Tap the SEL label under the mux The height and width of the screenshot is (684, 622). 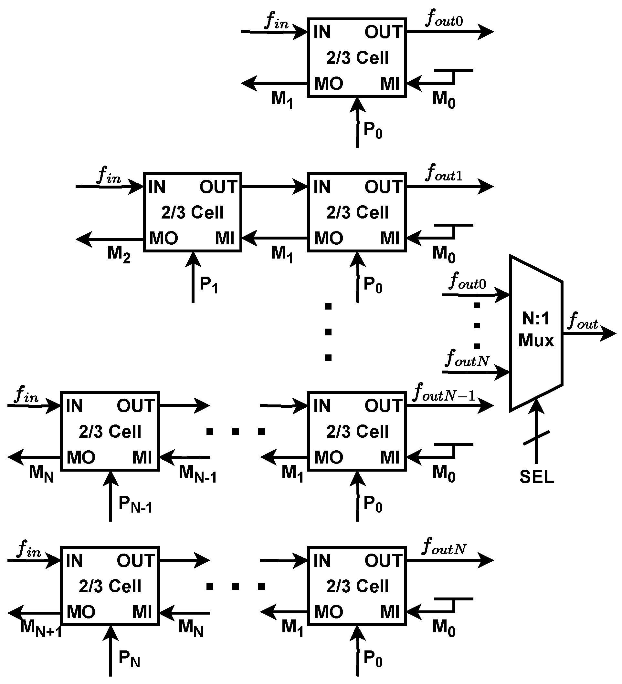point(536,477)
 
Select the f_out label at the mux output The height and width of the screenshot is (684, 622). point(583,321)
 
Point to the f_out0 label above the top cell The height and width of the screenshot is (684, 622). point(444,19)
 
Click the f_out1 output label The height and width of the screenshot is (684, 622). point(444,173)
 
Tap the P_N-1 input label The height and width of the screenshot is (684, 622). point(135,505)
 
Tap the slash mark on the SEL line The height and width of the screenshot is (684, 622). point(536,438)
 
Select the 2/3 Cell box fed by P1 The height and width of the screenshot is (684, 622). point(192,212)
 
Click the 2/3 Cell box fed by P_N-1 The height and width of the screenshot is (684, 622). point(110,431)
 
